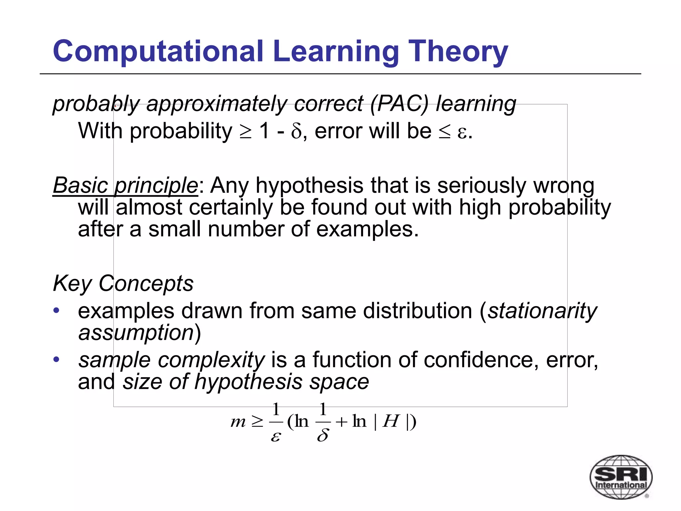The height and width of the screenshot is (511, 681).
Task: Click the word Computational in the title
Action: point(158,52)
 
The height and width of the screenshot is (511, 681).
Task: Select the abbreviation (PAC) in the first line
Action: point(399,103)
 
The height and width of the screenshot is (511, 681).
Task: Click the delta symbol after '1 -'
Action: point(296,132)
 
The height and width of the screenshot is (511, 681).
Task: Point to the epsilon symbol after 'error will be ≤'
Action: point(462,132)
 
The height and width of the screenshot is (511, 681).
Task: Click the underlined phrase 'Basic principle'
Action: point(125,185)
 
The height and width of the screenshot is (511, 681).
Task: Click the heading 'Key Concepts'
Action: point(123,283)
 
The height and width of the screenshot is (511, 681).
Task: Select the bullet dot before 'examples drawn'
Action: point(57,310)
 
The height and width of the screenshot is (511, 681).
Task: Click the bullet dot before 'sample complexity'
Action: point(57,359)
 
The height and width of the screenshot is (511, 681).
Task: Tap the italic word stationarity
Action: point(542,311)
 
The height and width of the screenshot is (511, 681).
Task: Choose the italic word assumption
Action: point(136,332)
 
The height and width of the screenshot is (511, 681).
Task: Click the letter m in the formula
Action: point(238,422)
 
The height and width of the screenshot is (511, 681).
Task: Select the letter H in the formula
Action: point(391,422)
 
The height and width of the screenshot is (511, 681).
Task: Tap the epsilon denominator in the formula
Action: point(275,436)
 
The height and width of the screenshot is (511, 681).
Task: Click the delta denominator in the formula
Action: point(323,435)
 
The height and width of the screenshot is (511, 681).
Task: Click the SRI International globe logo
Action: point(621,477)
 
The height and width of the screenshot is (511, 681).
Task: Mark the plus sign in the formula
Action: point(341,422)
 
